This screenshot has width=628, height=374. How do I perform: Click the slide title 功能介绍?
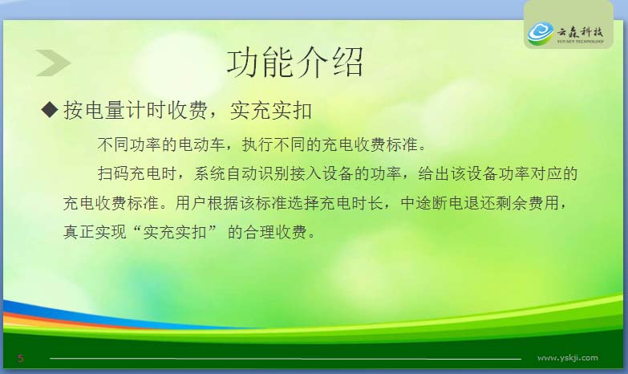(x=295, y=62)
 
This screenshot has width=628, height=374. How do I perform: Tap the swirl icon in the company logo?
(x=541, y=33)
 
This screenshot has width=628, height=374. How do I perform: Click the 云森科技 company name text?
(x=580, y=31)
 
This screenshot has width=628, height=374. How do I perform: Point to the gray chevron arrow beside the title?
(x=53, y=63)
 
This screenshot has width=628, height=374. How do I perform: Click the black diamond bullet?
(x=50, y=109)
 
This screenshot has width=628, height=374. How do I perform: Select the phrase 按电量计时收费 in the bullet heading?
(x=135, y=110)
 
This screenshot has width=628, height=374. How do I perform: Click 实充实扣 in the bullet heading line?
(x=271, y=110)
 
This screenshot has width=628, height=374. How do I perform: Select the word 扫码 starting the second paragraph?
(x=113, y=173)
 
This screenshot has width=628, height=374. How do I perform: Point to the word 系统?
(x=210, y=173)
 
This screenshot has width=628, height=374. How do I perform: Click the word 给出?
(x=434, y=173)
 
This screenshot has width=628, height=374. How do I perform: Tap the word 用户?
(x=191, y=203)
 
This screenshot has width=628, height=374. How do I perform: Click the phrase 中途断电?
(x=432, y=203)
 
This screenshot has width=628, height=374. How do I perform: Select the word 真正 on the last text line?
(x=79, y=232)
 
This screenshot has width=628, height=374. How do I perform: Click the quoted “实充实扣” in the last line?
(x=175, y=232)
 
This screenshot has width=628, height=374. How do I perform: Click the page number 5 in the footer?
(x=21, y=358)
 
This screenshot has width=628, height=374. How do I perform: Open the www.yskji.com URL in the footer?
(x=568, y=358)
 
